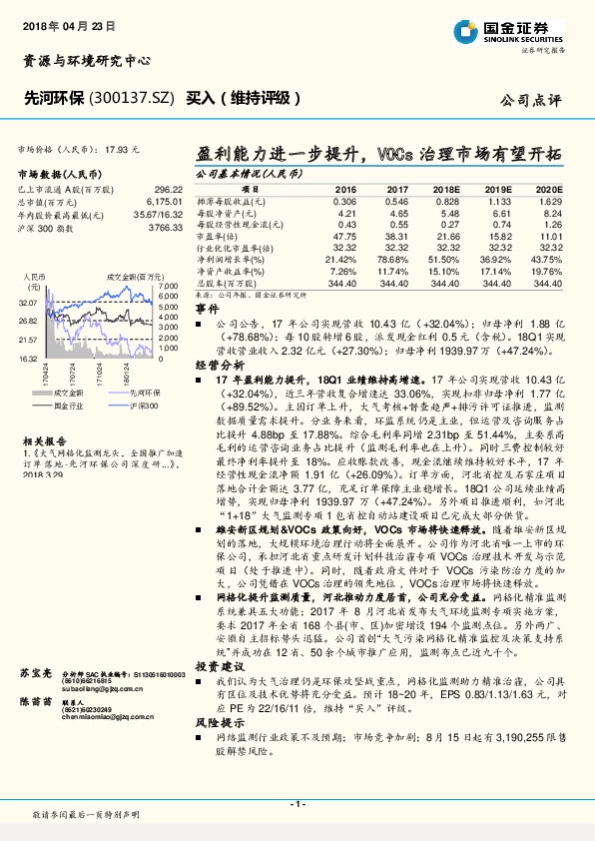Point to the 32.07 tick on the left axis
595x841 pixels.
pyautogui.click(x=28, y=301)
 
